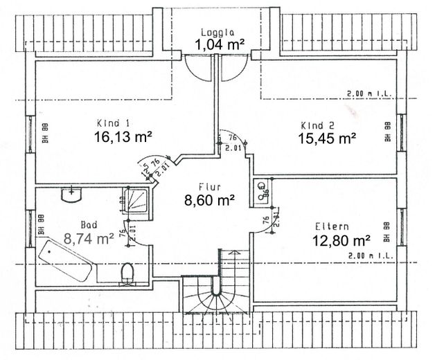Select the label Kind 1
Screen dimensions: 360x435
click(111, 123)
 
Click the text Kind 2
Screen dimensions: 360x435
click(318, 125)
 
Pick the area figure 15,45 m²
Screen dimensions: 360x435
click(328, 138)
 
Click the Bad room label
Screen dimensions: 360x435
click(89, 225)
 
